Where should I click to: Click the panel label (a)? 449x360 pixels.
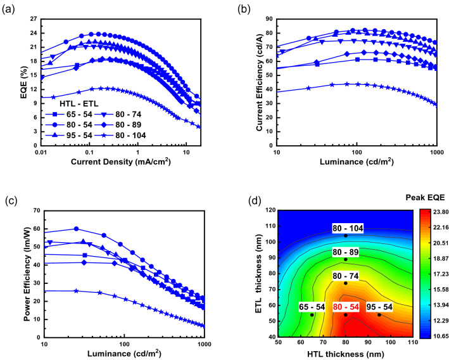coord(10,9)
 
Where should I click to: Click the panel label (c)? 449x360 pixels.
coord(10,201)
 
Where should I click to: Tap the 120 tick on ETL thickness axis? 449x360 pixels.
coord(268,210)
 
